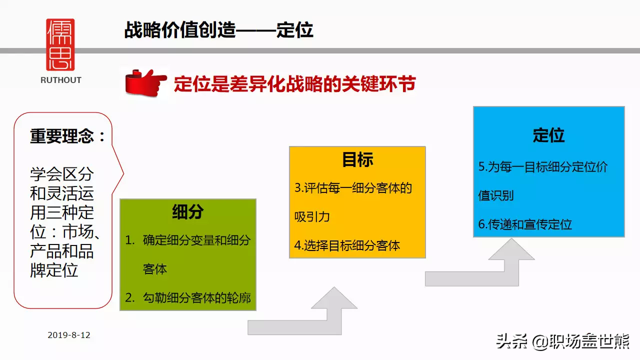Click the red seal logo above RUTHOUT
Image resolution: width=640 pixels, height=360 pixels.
(x=60, y=44)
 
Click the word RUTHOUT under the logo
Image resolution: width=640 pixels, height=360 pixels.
(x=61, y=80)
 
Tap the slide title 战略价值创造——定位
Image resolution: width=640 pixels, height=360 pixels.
(x=219, y=30)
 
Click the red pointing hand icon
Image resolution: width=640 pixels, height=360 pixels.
(x=145, y=82)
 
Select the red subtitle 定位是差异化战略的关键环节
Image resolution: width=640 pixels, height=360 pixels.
(x=295, y=84)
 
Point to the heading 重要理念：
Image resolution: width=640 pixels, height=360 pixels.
(x=67, y=136)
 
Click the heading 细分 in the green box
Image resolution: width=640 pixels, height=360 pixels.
(x=187, y=212)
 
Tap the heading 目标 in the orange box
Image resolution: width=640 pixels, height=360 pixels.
(x=357, y=159)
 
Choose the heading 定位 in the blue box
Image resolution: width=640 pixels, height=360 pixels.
(x=548, y=135)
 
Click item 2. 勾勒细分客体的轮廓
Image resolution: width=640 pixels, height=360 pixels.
(x=188, y=297)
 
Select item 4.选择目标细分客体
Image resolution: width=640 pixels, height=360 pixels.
(x=347, y=245)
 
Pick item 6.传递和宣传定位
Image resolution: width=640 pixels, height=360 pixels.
(x=525, y=224)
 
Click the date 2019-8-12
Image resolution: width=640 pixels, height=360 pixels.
(x=69, y=335)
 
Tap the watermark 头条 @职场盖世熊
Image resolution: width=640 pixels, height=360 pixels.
(x=563, y=341)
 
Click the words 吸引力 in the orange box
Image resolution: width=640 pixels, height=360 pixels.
(x=312, y=217)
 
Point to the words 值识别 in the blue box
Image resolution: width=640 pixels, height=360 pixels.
(x=496, y=195)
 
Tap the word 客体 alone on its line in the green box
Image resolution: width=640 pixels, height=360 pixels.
(x=155, y=269)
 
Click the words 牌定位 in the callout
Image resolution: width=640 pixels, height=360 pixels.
(x=54, y=270)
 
